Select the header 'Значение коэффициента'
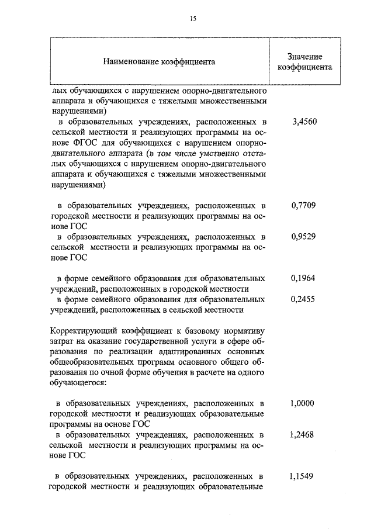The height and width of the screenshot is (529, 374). tap(304, 61)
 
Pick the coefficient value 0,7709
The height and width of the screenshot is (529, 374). tap(303, 206)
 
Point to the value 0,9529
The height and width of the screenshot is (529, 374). tap(303, 237)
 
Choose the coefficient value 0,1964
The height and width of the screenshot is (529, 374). tap(303, 279)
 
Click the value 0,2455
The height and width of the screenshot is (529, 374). tap(303, 299)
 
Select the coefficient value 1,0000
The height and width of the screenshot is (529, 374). tap(303, 404)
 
